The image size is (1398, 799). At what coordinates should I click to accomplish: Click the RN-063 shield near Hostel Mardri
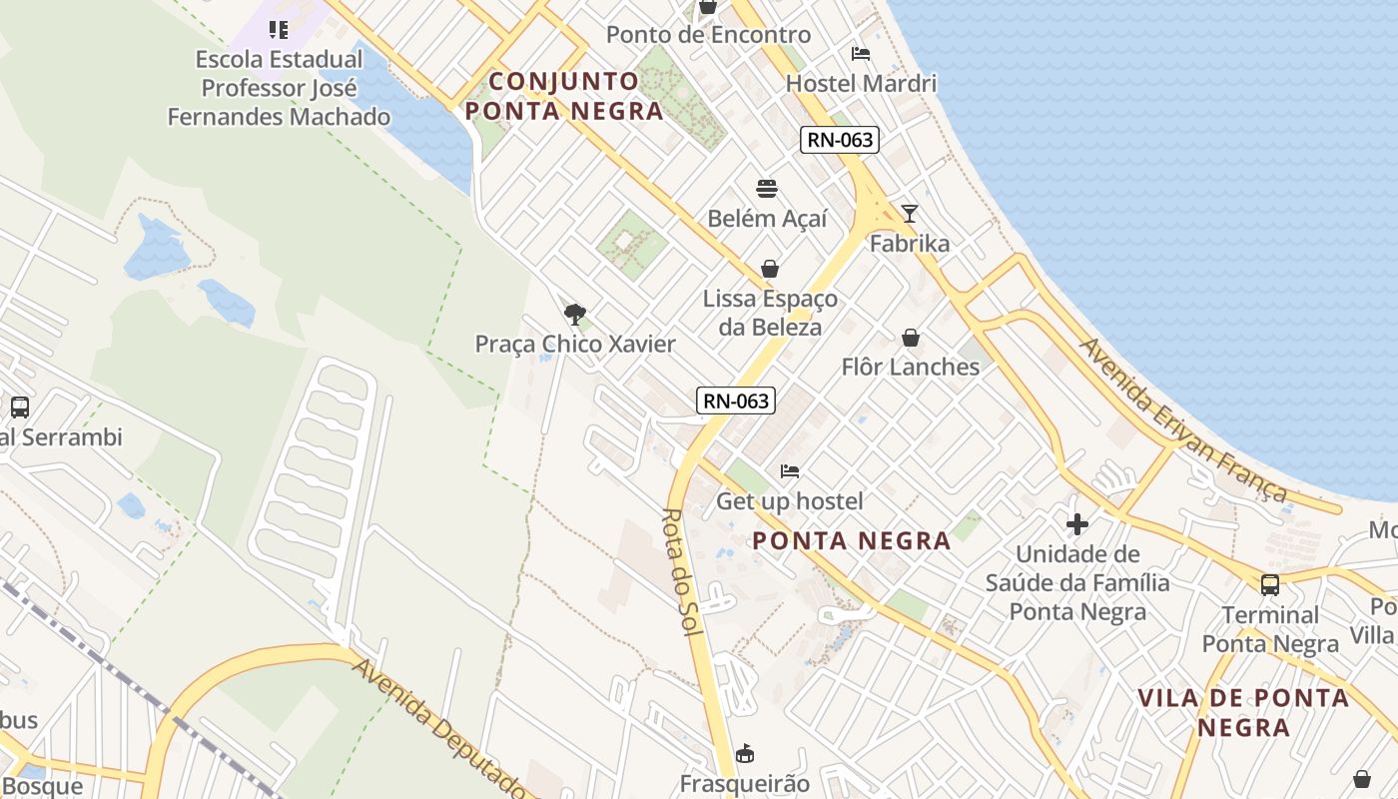[x=840, y=140]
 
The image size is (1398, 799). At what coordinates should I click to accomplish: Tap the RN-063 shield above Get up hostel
[x=736, y=400]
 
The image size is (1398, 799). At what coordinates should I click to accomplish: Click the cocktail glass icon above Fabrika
[x=909, y=214]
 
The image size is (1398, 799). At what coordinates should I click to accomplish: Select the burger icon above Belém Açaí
[x=767, y=189]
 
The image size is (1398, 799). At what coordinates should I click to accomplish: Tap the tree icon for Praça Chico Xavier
[x=574, y=315]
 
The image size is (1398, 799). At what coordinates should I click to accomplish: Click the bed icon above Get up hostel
[x=790, y=470]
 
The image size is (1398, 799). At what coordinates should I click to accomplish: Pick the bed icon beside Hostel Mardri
[x=861, y=54]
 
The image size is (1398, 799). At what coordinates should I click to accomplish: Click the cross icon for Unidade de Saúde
[x=1076, y=523]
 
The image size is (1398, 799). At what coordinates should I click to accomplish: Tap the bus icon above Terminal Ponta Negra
[x=1269, y=585]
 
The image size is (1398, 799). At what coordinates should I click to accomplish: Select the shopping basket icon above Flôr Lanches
[x=910, y=338]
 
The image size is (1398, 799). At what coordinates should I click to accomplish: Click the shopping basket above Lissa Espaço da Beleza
[x=770, y=269]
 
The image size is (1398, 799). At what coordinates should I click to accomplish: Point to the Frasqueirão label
[x=745, y=783]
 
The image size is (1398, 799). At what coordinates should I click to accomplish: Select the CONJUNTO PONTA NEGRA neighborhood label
[x=564, y=96]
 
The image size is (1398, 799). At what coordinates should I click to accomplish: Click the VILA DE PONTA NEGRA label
[x=1243, y=712]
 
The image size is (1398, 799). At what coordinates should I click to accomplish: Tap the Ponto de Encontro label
[x=708, y=35]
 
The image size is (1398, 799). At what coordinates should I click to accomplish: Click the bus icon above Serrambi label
[x=19, y=407]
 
